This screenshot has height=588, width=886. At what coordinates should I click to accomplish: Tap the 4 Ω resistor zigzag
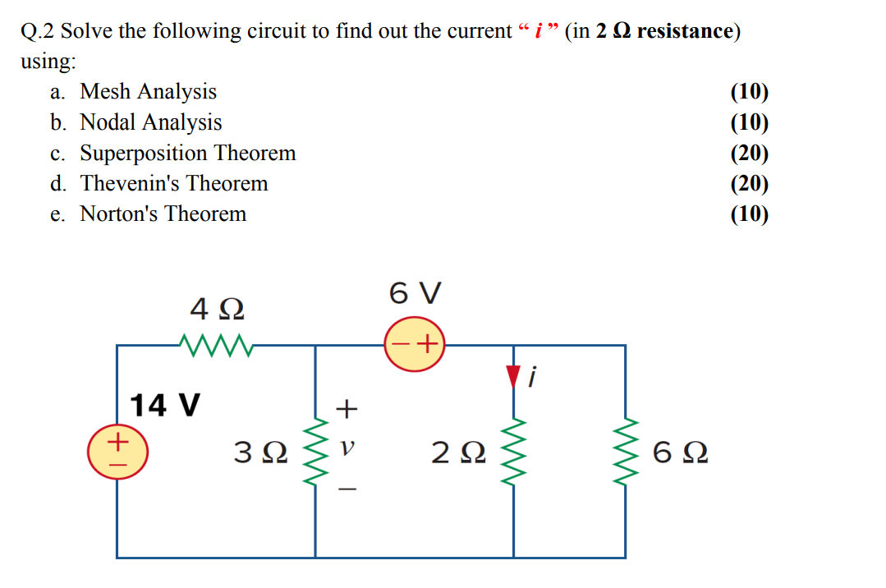point(216,344)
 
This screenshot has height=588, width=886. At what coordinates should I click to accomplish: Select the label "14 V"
point(165,405)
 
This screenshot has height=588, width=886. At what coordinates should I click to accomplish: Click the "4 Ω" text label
point(216,310)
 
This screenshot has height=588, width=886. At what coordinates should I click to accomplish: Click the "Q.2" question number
point(38,31)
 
